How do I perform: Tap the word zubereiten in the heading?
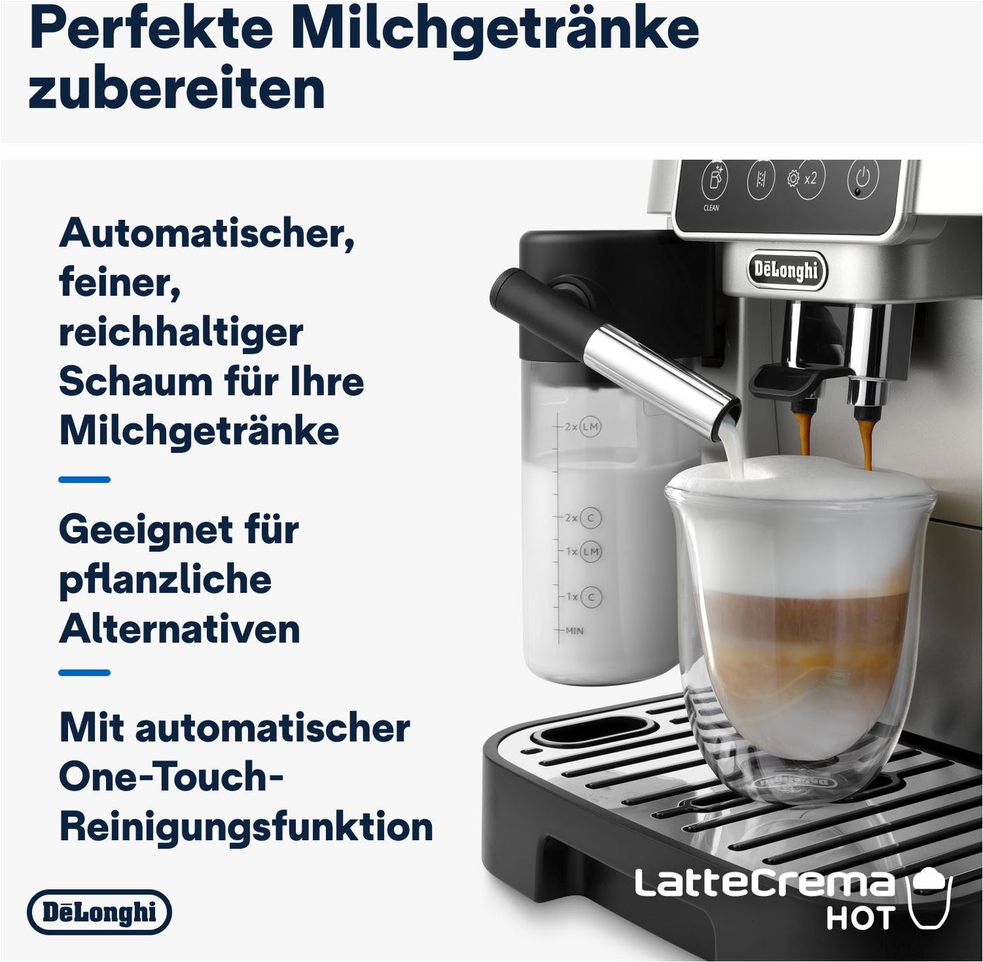[177, 89]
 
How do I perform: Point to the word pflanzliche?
[165, 580]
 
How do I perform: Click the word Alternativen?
[180, 629]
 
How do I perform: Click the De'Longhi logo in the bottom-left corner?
[99, 912]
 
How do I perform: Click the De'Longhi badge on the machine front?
[786, 271]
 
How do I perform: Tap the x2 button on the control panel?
[809, 179]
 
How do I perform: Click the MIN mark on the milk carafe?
[574, 631]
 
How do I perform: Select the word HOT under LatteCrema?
[859, 918]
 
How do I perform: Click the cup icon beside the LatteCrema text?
[930, 896]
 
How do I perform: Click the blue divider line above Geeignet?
[84, 480]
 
